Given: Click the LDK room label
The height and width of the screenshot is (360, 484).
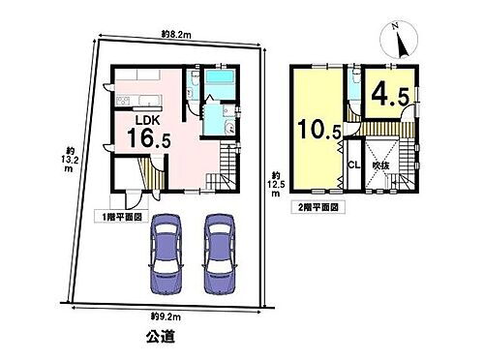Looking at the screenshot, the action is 147,120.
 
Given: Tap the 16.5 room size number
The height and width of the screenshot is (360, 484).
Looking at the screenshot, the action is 149,137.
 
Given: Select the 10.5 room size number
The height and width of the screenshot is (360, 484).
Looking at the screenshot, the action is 319,129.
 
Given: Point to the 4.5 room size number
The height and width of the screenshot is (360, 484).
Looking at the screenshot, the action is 390,96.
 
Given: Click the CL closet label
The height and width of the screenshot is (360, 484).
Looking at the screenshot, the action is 353,165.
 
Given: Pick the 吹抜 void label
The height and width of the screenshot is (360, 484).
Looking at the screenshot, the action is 380,165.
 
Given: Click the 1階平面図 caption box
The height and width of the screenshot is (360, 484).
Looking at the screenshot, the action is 122,217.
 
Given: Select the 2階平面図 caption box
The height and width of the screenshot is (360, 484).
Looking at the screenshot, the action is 318,207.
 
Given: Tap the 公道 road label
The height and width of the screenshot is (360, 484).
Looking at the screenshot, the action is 161,337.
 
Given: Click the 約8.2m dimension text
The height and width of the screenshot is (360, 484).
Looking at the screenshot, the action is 176,34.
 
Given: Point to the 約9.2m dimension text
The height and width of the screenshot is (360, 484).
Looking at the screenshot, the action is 166,317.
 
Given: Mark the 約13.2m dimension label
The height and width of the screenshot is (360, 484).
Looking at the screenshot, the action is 69,160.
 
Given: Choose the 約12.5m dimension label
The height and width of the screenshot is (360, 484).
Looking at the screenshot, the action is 275,185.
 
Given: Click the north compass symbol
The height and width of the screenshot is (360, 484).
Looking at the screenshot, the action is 399,41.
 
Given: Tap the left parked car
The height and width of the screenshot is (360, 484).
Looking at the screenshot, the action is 166,254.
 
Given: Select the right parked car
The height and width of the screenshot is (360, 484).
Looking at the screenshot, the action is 221,254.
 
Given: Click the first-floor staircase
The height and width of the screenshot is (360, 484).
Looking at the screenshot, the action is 222,167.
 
